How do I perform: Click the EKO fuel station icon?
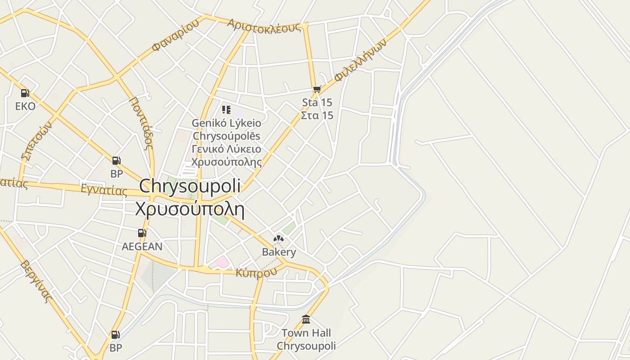[25, 93]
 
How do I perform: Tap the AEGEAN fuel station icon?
[142, 233]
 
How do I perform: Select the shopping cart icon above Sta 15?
[317, 89]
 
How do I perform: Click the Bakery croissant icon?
[279, 238]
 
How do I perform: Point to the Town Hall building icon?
[306, 319]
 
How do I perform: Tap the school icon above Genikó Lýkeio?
[226, 109]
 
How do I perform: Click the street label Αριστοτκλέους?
[264, 26]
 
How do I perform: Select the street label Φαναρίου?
[175, 36]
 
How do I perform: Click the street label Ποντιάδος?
[141, 123]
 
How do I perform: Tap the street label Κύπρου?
[256, 272]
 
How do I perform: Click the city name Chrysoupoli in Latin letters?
[189, 186]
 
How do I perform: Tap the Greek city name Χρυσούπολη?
[189, 209]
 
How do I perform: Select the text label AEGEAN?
[142, 247]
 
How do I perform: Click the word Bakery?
[279, 252]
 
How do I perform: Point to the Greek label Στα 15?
[317, 115]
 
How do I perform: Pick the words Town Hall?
[306, 333]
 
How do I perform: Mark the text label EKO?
[25, 106]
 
